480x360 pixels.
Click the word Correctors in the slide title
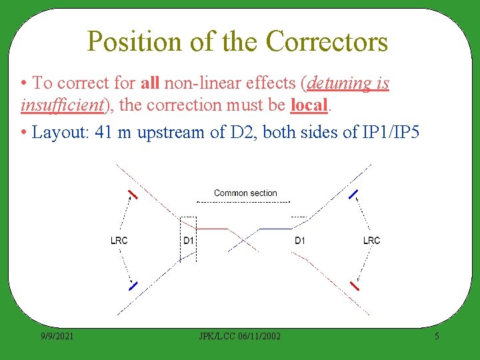coord(326,41)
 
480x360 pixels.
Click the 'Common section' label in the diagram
coord(245,193)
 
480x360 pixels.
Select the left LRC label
coord(119,241)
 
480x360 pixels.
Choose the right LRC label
coord(372,241)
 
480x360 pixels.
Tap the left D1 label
coord(189,241)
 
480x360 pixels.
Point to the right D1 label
coord(300,241)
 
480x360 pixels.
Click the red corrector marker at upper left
coord(133,195)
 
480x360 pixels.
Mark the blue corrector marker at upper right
coord(354,195)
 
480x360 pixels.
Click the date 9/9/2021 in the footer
coord(56,336)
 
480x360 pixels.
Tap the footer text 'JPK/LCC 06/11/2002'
coord(241,336)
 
